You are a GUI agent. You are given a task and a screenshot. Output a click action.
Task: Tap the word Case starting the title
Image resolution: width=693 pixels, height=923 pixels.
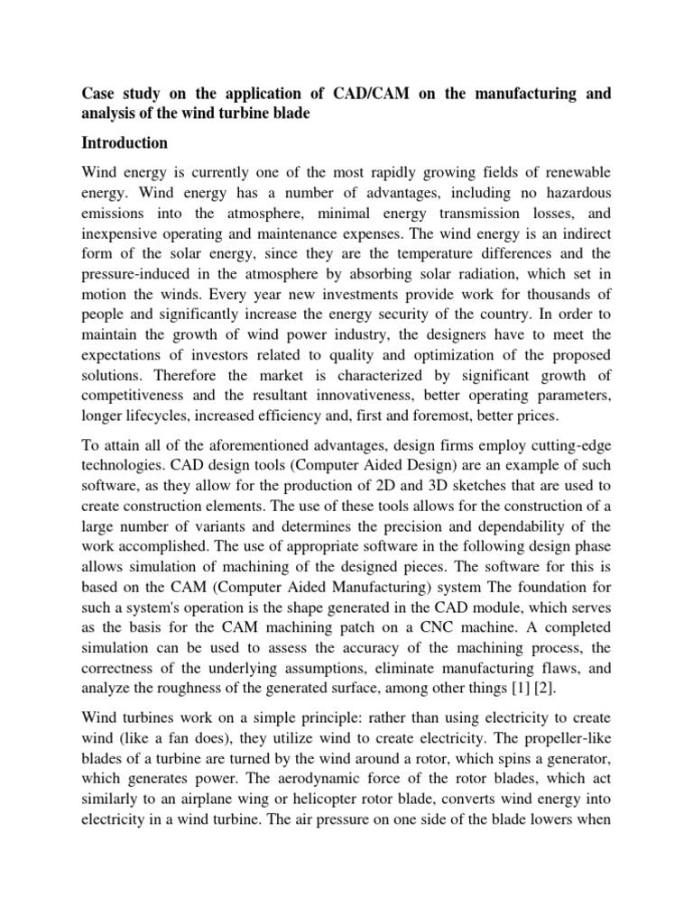point(98,95)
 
